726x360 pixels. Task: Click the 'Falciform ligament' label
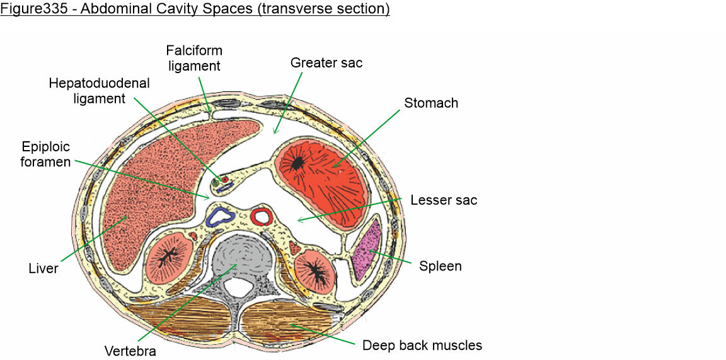pyautogui.click(x=194, y=57)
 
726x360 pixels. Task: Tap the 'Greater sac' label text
pyautogui.click(x=326, y=62)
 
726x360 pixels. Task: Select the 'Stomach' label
pyautogui.click(x=431, y=103)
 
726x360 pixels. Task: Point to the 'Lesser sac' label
pyautogui.click(x=444, y=200)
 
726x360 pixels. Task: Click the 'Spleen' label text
pyautogui.click(x=441, y=266)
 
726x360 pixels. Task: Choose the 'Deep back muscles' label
pyautogui.click(x=422, y=345)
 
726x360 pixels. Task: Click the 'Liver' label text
pyautogui.click(x=43, y=269)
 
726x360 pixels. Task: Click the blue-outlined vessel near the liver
pyautogui.click(x=221, y=216)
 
